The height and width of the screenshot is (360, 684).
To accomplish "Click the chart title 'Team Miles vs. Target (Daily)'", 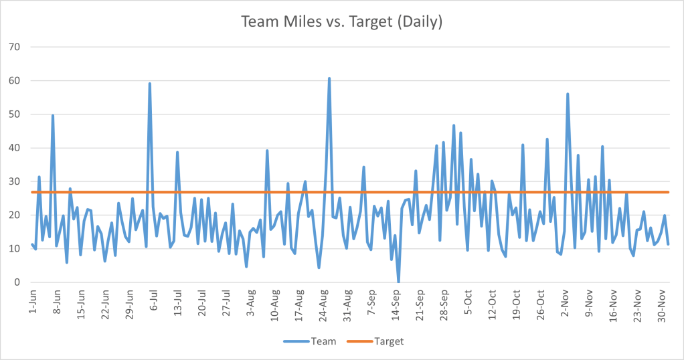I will click(x=341, y=21).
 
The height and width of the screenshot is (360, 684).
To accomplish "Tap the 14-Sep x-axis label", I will click(x=396, y=302).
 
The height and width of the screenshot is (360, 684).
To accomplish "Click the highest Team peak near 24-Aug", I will click(x=329, y=78).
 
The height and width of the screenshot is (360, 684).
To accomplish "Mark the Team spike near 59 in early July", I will click(x=149, y=84).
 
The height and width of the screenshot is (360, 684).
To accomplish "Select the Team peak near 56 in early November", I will click(x=568, y=94).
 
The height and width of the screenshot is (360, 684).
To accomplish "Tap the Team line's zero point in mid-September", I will click(x=399, y=282).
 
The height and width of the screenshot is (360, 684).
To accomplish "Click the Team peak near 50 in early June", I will click(x=53, y=116).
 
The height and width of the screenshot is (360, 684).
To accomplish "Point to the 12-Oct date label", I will click(x=492, y=302).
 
